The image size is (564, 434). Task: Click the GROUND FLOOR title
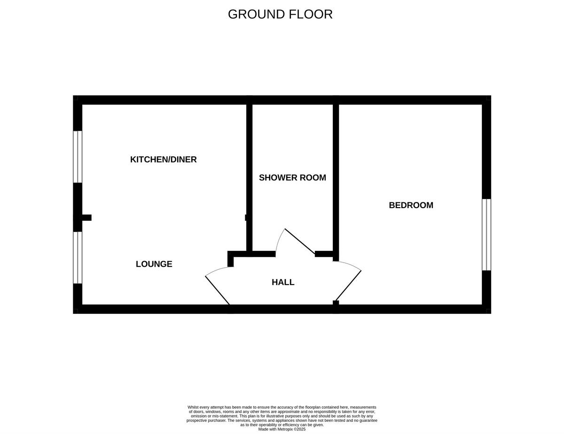pyautogui.click(x=280, y=14)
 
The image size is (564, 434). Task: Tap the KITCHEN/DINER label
pyautogui.click(x=163, y=160)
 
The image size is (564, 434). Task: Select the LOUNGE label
pyautogui.click(x=154, y=264)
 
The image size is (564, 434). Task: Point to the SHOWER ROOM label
pyautogui.click(x=292, y=178)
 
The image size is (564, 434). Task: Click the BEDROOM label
pyautogui.click(x=411, y=205)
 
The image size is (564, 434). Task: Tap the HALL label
pyautogui.click(x=283, y=282)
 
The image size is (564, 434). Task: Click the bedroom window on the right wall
pyautogui.click(x=486, y=234)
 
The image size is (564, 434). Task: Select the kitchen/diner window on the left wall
pyautogui.click(x=78, y=156)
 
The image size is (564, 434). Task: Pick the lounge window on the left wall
pyautogui.click(x=78, y=257)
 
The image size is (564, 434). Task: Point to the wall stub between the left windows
pyautogui.click(x=85, y=217)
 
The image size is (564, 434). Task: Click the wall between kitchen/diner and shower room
pyautogui.click(x=250, y=178)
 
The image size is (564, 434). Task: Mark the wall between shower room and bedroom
pyautogui.click(x=336, y=178)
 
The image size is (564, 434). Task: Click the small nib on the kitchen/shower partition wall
pyautogui.click(x=246, y=217)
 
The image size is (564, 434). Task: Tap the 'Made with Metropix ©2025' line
pyautogui.click(x=282, y=429)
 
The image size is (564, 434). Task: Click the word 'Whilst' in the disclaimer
pyautogui.click(x=193, y=407)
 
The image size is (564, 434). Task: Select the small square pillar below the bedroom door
pyautogui.click(x=336, y=303)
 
